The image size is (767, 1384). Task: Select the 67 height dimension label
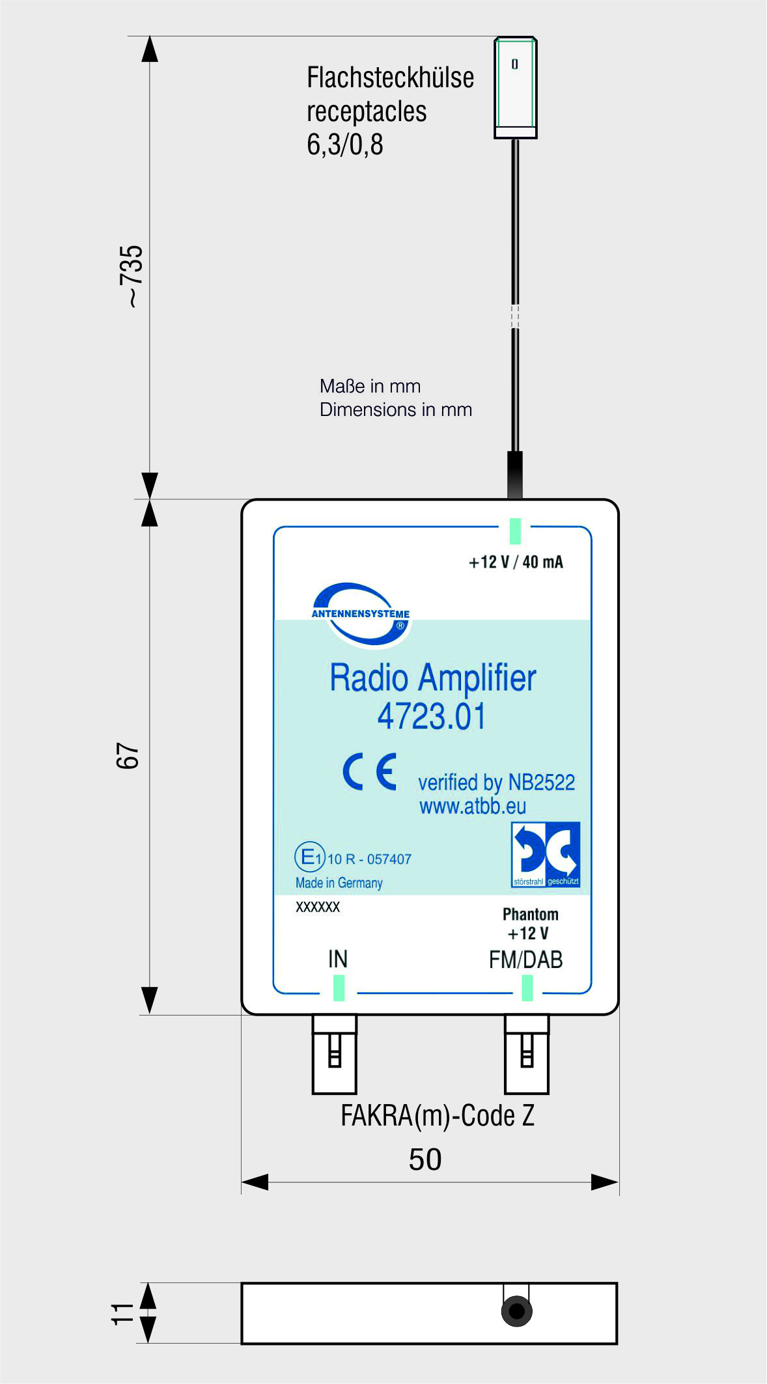coord(128,756)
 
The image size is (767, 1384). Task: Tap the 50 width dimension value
coord(425,1159)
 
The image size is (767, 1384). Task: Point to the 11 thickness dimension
coord(122,1314)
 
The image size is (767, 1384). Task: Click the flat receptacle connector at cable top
coord(515,87)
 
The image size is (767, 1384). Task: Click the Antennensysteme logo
coord(360,614)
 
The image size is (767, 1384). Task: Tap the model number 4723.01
coord(432,717)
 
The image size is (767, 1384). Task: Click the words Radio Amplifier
coord(432,678)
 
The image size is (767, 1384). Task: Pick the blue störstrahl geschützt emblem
coord(546,855)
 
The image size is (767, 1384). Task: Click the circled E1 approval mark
coord(309,857)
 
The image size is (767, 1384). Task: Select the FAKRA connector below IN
coord(335,1053)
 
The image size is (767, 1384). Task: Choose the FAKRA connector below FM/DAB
coord(527,1053)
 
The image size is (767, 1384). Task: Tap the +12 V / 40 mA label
coord(516,562)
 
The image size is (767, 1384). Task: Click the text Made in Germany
coord(339,883)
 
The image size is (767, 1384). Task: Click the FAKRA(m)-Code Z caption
coord(438,1116)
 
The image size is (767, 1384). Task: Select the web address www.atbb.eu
coord(473,806)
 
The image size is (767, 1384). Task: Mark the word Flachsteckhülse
coord(390,77)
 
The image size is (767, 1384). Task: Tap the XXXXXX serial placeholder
coord(318,907)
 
